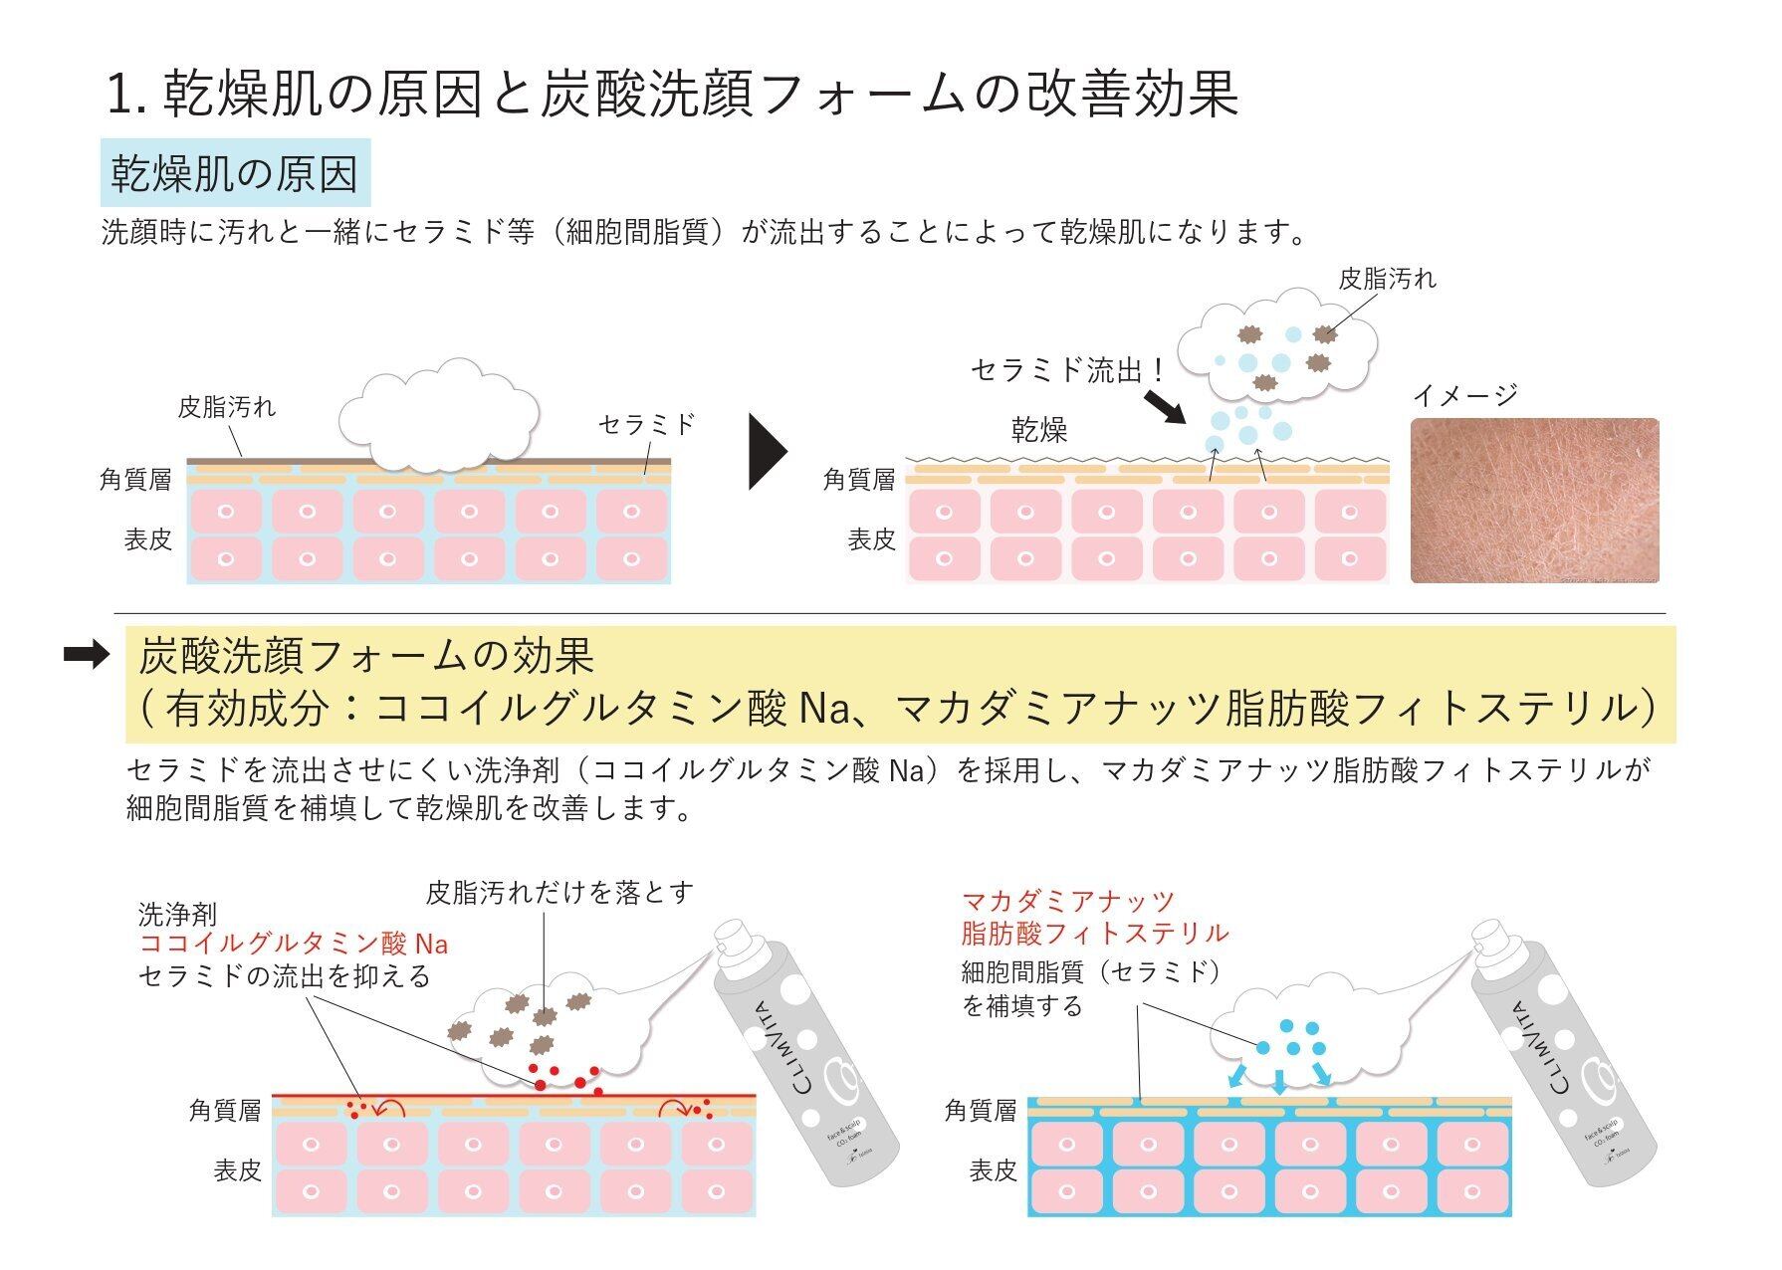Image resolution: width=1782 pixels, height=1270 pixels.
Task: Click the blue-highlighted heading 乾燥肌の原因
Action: (x=235, y=174)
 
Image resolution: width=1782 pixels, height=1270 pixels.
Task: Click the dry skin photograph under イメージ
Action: (x=1534, y=501)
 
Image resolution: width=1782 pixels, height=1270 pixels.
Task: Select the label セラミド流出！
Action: (x=1068, y=371)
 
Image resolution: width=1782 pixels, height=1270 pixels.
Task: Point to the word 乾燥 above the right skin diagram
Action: (x=1039, y=430)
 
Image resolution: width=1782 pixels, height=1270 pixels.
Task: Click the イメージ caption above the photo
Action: (x=1465, y=395)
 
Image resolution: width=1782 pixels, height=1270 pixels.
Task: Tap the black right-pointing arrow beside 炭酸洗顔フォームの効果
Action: (x=87, y=655)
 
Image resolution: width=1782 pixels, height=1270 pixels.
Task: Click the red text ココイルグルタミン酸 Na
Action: (x=294, y=944)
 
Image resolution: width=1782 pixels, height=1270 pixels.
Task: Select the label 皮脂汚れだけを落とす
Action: (x=558, y=892)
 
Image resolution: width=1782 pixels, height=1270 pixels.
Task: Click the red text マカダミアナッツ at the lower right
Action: (x=1068, y=902)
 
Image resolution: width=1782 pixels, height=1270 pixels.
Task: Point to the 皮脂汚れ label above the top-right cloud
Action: (x=1387, y=280)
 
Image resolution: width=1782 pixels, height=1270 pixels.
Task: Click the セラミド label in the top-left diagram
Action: (x=646, y=425)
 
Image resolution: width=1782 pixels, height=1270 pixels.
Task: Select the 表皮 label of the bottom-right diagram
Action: (x=993, y=1171)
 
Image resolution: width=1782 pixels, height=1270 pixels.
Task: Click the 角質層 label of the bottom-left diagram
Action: (x=225, y=1111)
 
